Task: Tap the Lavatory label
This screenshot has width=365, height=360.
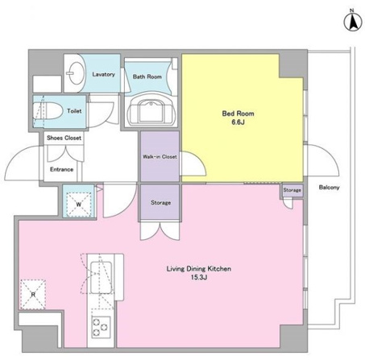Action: click(x=103, y=74)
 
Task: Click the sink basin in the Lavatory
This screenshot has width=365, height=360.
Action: click(x=75, y=72)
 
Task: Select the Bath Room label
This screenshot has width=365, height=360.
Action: click(x=147, y=77)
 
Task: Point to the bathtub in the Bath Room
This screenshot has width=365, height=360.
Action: click(x=151, y=110)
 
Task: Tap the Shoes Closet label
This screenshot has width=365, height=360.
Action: click(x=64, y=138)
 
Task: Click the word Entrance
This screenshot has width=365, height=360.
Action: click(x=61, y=169)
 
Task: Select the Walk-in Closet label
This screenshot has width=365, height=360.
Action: click(x=160, y=156)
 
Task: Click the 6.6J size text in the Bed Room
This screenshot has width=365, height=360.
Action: click(x=238, y=122)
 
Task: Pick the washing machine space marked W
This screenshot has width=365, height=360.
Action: click(x=78, y=205)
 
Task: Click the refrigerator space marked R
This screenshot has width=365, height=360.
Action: click(x=33, y=295)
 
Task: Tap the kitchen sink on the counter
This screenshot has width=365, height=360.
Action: click(x=102, y=277)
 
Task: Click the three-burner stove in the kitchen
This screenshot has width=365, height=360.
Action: click(x=101, y=327)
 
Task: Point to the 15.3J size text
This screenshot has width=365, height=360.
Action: click(x=199, y=277)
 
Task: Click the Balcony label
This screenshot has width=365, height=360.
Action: click(x=329, y=188)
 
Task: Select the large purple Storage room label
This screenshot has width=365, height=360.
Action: click(x=160, y=203)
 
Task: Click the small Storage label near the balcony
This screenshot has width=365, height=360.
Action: click(x=292, y=190)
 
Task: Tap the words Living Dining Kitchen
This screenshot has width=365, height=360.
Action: click(x=199, y=269)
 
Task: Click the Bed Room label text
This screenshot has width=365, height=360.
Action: click(x=238, y=114)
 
